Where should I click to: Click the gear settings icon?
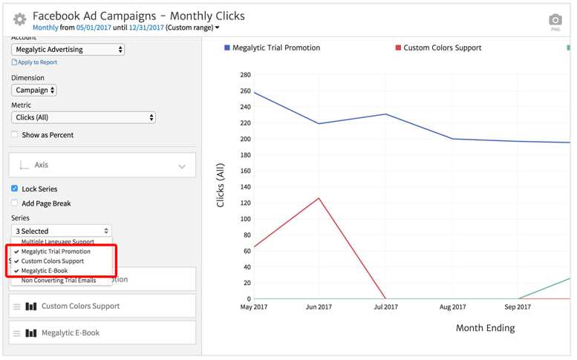19,19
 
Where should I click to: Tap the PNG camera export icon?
555,21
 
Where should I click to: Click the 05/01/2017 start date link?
93,27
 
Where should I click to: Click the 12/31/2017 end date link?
146,27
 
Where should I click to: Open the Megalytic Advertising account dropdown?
68,50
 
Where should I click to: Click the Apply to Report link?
37,62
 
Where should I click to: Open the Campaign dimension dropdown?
34,90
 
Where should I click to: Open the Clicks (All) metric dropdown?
83,117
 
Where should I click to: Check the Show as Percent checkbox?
15,135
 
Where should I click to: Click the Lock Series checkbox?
15,189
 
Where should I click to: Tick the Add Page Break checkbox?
15,203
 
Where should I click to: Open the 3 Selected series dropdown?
62,231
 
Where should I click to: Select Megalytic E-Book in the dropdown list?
45,271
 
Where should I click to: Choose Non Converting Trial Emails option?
59,281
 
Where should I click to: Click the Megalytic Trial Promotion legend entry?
276,48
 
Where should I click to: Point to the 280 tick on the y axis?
245,75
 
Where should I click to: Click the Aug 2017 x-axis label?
453,307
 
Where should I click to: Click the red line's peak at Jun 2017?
319,198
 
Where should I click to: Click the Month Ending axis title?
485,327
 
